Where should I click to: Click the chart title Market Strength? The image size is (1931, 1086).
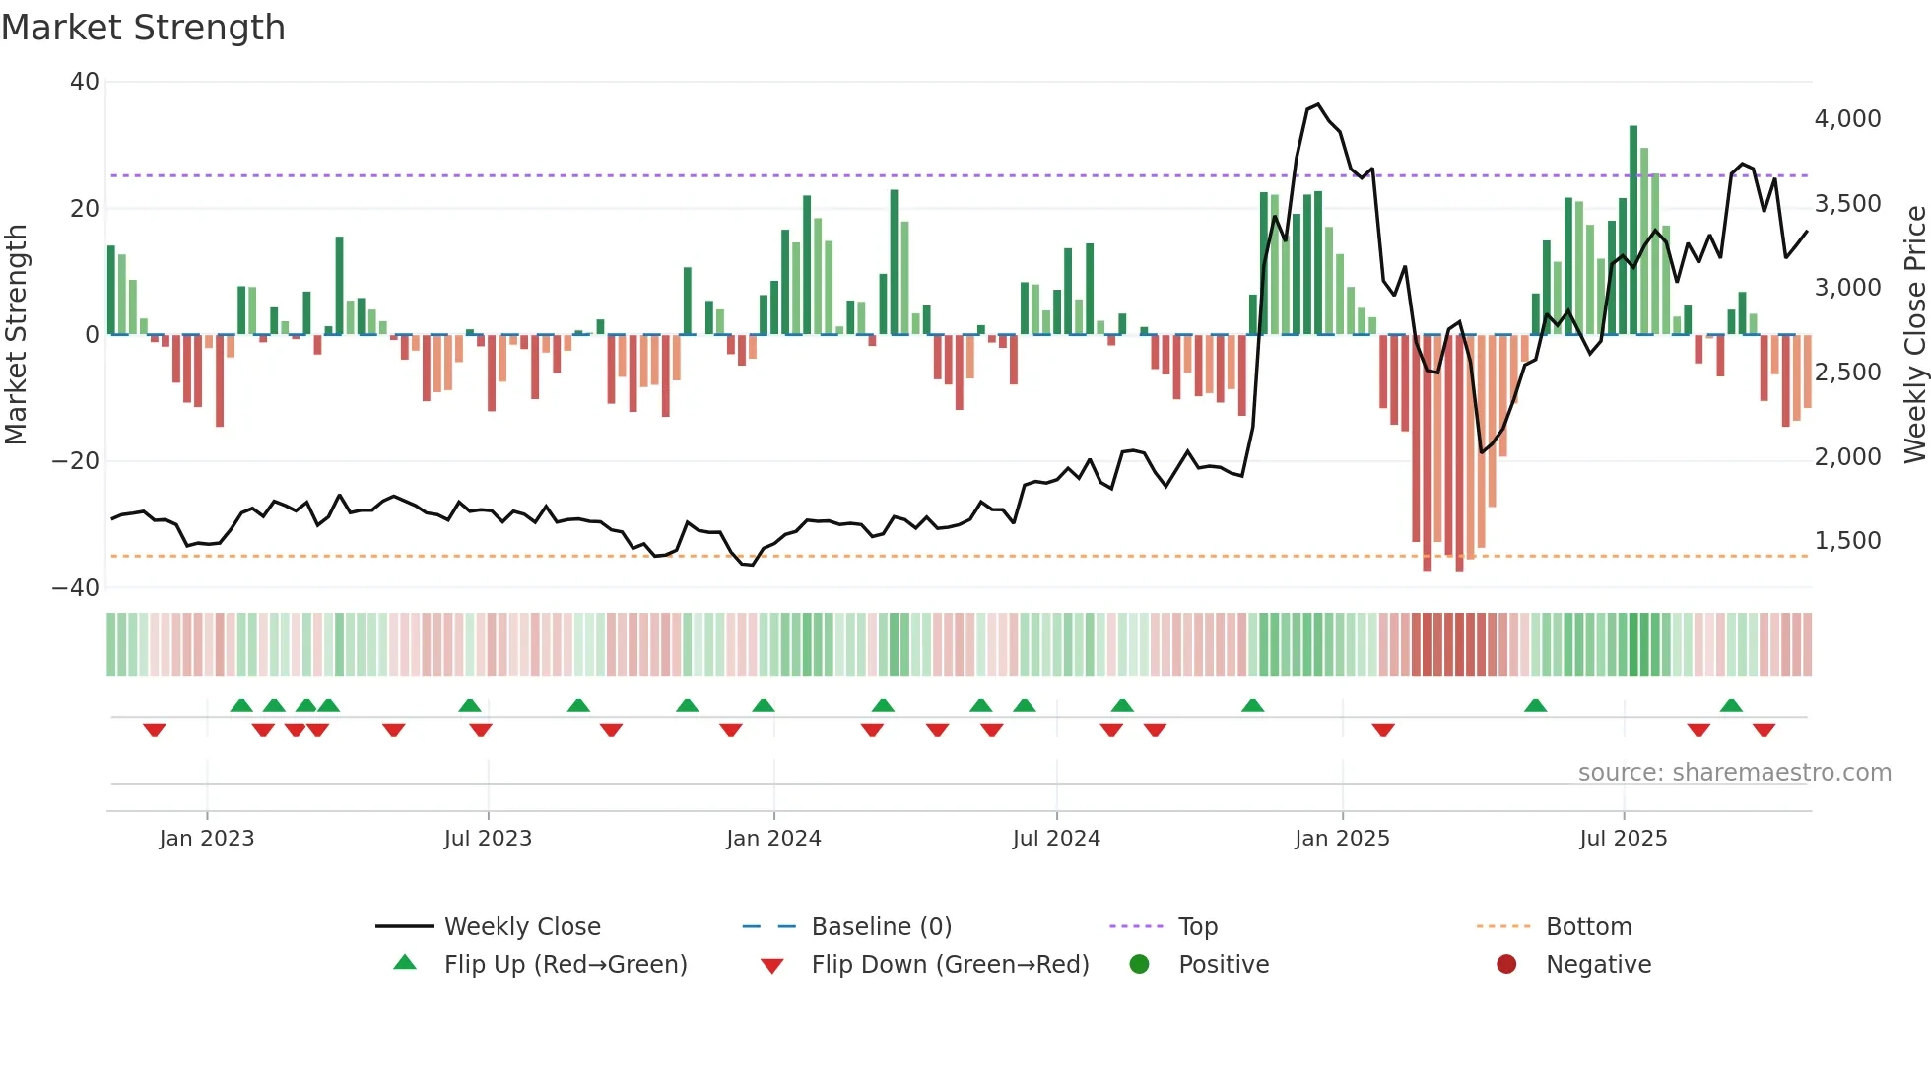click(x=143, y=28)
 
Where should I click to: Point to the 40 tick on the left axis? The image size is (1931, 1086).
click(x=85, y=82)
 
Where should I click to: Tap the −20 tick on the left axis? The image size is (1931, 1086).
click(x=76, y=461)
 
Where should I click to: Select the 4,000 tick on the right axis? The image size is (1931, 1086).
click(x=1847, y=119)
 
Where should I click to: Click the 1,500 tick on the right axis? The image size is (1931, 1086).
click(x=1847, y=541)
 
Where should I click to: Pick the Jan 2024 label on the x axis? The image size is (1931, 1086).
click(x=773, y=839)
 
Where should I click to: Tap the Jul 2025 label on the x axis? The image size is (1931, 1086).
click(x=1623, y=839)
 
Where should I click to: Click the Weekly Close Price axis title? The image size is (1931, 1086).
click(x=1914, y=335)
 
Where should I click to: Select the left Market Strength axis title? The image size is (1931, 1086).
click(x=16, y=335)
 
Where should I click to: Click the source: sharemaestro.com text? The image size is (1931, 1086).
click(x=1734, y=773)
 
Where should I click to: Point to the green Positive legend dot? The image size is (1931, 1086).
click(x=1140, y=965)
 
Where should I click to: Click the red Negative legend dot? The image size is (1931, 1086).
click(x=1506, y=965)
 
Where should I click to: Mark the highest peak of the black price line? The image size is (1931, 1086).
click(x=1318, y=104)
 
